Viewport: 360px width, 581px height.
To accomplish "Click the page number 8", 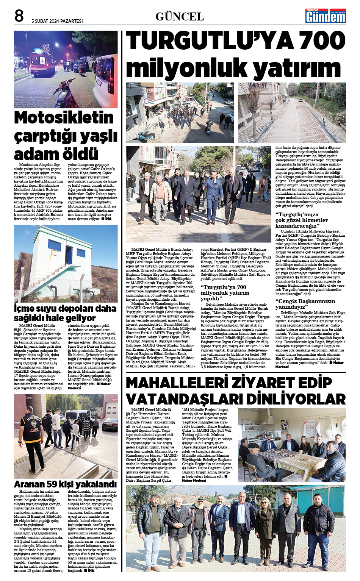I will click(x=19, y=16).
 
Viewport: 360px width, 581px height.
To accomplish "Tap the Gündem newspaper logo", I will click(x=326, y=16).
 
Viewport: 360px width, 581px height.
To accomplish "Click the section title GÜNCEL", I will click(x=180, y=17).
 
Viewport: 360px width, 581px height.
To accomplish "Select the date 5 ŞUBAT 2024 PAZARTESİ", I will click(x=57, y=21).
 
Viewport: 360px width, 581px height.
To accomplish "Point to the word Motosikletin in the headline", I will click(x=64, y=118).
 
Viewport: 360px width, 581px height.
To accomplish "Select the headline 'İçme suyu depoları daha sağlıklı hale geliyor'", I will click(x=65, y=313).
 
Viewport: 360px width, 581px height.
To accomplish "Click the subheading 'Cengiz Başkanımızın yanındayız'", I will click(x=305, y=304).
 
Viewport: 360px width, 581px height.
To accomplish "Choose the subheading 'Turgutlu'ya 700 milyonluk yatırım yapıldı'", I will click(x=225, y=293).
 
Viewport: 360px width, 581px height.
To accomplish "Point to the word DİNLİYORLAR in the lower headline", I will click(x=296, y=399).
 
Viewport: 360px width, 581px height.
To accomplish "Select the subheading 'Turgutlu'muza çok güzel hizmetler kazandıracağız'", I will click(x=302, y=220).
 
